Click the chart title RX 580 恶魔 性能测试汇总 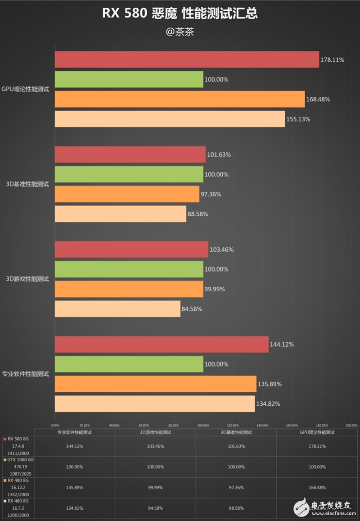pyautogui.click(x=180, y=14)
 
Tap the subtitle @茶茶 pyautogui.click(x=180, y=32)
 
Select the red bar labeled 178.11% pyautogui.click(x=187, y=59)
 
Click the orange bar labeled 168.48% pyautogui.click(x=180, y=99)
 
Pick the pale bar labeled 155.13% pyautogui.click(x=170, y=119)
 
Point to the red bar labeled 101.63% pyautogui.click(x=130, y=154)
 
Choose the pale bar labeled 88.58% pyautogui.click(x=120, y=214)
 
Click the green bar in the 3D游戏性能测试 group pyautogui.click(x=129, y=269)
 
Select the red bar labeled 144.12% pyautogui.click(x=162, y=344)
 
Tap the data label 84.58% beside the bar pyautogui.click(x=192, y=309)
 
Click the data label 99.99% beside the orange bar pyautogui.click(x=216, y=289)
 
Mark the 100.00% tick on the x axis pyautogui.click(x=203, y=425)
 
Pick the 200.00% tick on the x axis pyautogui.click(x=351, y=425)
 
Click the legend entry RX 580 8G pyautogui.click(x=18, y=439)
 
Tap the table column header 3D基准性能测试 pyautogui.click(x=236, y=432)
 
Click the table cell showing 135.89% pyautogui.click(x=75, y=488)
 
